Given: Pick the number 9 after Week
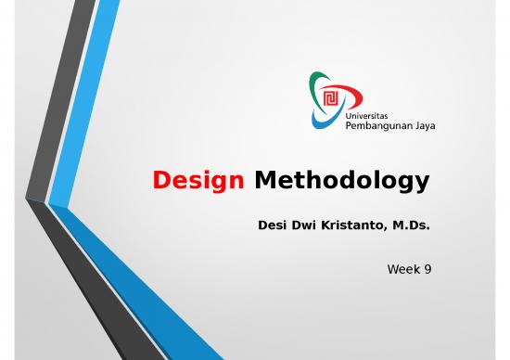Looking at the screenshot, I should [x=427, y=269].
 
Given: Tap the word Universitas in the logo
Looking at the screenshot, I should [x=365, y=115].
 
